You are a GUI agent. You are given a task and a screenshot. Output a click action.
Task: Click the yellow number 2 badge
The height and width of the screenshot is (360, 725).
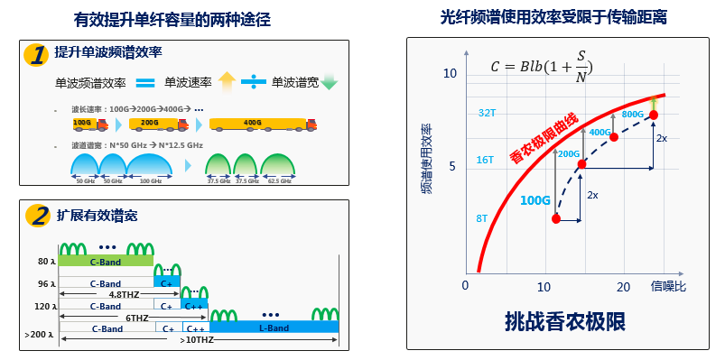(36, 216)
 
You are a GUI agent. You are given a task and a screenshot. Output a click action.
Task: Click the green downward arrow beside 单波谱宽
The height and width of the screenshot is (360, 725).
(329, 84)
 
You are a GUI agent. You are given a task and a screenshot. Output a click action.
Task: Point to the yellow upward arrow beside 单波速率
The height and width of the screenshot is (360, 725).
(227, 82)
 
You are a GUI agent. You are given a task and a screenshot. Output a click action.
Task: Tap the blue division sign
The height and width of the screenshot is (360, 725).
(254, 83)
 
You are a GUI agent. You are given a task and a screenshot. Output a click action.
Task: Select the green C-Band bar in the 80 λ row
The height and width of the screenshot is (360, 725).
(107, 261)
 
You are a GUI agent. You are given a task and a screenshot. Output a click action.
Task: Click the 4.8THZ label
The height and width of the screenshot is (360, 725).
(124, 295)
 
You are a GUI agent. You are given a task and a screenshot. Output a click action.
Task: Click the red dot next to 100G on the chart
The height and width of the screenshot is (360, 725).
(557, 219)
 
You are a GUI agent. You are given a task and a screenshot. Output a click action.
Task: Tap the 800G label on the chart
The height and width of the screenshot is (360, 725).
(632, 115)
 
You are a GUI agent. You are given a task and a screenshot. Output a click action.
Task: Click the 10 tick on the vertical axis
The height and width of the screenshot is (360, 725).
(452, 73)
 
